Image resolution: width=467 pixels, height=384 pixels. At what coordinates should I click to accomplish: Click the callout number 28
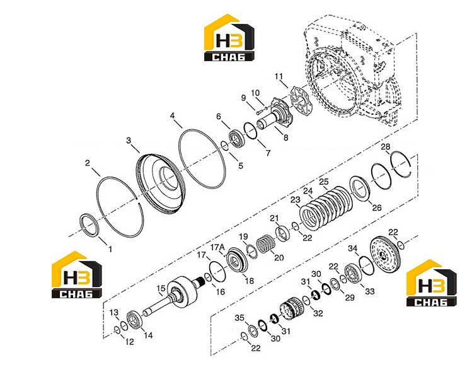tap(386, 147)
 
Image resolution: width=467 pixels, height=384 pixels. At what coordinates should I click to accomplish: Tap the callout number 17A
tap(217, 247)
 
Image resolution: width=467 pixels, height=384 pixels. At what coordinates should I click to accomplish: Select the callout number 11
tap(279, 76)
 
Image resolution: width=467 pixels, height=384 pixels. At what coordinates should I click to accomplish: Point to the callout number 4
tap(173, 115)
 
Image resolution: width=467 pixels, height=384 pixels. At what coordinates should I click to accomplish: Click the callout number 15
tap(161, 288)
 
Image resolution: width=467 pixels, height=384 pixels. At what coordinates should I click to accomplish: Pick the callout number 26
tap(377, 207)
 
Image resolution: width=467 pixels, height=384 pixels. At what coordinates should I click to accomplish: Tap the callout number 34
tap(353, 248)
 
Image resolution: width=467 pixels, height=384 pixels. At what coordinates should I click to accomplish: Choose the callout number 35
tap(239, 318)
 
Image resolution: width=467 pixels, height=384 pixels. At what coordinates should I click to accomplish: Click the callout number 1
tap(110, 249)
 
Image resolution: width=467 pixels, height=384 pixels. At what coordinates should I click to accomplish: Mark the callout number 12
tap(130, 342)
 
